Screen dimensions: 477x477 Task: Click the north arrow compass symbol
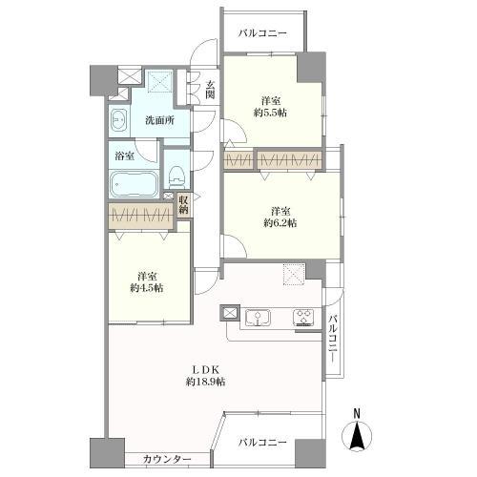(x=359, y=438)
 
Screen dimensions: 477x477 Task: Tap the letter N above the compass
(x=358, y=413)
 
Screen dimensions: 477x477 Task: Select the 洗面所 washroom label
(x=159, y=120)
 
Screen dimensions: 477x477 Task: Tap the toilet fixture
(x=176, y=175)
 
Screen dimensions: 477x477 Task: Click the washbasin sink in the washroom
(x=119, y=120)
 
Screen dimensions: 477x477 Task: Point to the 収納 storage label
(x=183, y=203)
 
